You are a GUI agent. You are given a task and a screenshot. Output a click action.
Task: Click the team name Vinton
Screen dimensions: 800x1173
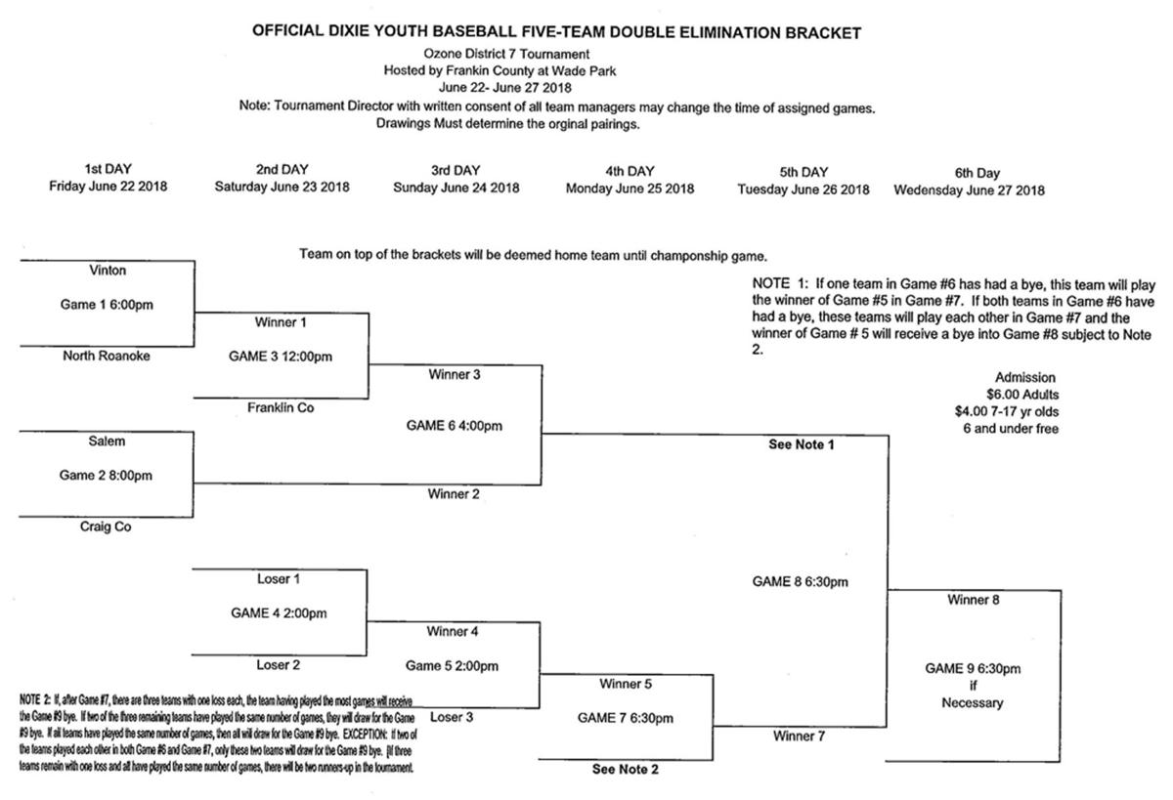coord(107,271)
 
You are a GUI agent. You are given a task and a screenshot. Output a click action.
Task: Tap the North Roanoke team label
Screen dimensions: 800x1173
coord(107,356)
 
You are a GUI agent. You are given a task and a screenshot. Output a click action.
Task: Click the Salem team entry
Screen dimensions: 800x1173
coord(107,442)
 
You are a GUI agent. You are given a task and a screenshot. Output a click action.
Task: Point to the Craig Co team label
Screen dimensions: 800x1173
coord(107,526)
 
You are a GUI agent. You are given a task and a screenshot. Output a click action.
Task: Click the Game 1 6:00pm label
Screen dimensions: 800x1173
coord(107,305)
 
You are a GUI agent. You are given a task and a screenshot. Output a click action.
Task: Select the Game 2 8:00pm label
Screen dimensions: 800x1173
coord(107,476)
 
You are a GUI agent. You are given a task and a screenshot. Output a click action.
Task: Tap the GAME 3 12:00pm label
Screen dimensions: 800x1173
coord(281,357)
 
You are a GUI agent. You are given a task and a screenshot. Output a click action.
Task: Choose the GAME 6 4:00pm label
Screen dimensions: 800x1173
coord(454,426)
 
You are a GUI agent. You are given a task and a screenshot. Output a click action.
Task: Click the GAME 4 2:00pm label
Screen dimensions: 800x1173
coord(279,613)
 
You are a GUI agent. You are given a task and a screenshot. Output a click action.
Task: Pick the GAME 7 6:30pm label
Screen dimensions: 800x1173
coord(626,718)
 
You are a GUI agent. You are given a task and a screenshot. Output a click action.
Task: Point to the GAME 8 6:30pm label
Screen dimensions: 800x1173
coord(800,581)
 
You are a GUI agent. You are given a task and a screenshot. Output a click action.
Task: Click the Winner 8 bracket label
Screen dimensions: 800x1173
coord(973,600)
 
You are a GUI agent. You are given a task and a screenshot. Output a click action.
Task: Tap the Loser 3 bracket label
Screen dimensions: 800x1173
coord(452,717)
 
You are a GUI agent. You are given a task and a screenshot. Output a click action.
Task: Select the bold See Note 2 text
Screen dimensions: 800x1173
coord(626,770)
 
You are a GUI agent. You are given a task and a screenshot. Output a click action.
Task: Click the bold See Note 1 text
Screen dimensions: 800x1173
coord(800,444)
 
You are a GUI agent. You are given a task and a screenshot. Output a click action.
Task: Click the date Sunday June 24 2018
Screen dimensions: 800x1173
coord(456,188)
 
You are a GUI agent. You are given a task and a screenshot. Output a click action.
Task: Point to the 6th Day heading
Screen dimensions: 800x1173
coord(968,172)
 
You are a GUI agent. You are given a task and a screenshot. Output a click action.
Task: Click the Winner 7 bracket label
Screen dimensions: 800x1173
coord(800,737)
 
